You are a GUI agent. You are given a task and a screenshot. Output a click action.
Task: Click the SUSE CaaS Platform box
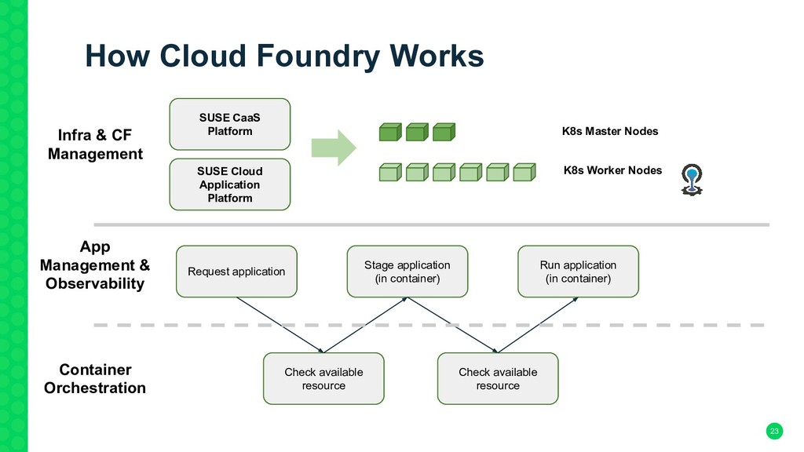pos(230,124)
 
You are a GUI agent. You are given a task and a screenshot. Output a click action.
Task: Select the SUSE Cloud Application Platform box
pos(230,184)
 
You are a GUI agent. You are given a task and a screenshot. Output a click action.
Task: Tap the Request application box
pos(236,272)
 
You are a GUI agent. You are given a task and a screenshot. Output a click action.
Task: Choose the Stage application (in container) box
pos(407,272)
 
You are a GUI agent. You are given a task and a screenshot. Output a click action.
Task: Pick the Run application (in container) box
pos(578,272)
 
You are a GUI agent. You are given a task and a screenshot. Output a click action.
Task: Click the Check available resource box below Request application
pos(323,379)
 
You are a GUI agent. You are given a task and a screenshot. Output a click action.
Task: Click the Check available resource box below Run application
pos(498,379)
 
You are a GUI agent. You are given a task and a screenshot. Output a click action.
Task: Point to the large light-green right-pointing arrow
pos(334,148)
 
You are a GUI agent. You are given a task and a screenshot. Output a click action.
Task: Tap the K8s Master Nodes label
pos(609,131)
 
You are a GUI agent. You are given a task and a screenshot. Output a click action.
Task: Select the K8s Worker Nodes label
pos(612,170)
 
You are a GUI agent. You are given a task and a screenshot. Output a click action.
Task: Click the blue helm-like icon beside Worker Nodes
pos(692,180)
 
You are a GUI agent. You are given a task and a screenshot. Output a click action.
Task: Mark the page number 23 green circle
pos(774,431)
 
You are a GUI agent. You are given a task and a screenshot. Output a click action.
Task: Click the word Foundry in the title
pos(317,56)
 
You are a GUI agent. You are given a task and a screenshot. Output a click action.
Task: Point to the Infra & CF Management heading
pos(95,144)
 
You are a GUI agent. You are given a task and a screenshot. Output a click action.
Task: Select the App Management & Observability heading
pos(95,265)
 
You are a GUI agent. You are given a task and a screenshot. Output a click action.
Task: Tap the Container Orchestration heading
pos(95,379)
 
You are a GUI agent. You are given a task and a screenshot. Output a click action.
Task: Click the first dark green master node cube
pos(390,132)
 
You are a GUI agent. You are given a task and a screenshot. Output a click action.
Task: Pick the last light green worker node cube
pos(524,172)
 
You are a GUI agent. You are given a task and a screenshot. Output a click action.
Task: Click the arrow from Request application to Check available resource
pos(280,325)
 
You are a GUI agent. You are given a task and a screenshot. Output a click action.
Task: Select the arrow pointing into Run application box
pos(538,325)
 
